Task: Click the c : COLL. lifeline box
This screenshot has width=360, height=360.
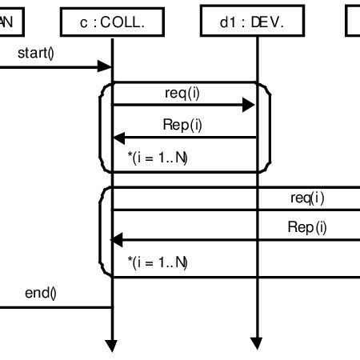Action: point(112,23)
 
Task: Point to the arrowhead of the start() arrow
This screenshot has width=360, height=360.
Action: point(105,66)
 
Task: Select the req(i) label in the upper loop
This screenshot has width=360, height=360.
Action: point(182,93)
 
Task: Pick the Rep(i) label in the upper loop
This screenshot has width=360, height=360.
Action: point(182,125)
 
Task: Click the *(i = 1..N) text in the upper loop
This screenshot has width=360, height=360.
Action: point(158,158)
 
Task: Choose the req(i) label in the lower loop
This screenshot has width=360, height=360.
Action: point(308,197)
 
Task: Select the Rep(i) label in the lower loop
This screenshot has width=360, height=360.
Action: point(307,227)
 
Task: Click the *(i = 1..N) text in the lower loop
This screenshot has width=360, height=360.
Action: point(158,261)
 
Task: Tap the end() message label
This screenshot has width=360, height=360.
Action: point(40,293)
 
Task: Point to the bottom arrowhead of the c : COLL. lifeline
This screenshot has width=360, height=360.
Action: point(112,346)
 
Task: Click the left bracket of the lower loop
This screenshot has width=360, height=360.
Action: point(101,232)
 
